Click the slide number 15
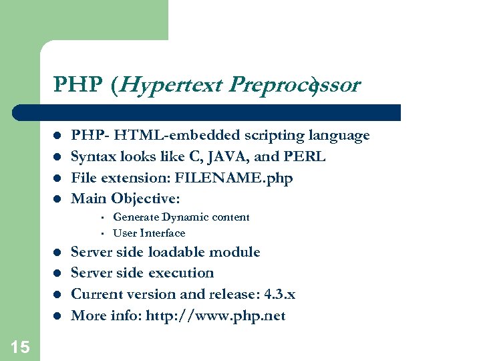20,346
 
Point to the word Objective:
146,199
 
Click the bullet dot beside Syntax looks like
57,157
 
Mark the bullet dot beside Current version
57,295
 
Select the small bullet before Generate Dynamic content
100,217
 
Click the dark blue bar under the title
220,112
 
